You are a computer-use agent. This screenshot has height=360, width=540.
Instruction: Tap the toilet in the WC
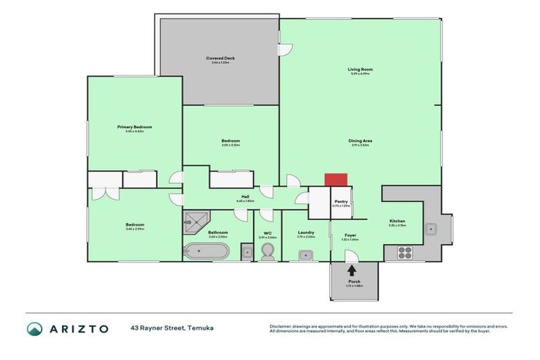point(267,253)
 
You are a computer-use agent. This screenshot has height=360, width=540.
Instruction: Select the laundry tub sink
point(305,254)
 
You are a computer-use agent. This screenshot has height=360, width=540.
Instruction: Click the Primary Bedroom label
point(134,127)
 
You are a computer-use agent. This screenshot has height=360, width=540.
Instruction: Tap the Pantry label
point(340,201)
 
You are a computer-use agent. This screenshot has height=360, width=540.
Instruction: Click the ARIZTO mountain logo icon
point(35,328)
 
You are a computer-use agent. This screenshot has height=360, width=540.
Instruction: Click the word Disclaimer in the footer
point(282,326)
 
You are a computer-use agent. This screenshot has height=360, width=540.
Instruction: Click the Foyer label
point(350,235)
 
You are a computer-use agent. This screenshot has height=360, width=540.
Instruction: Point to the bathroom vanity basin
point(246,252)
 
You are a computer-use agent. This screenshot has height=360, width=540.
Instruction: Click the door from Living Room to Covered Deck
point(284,49)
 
